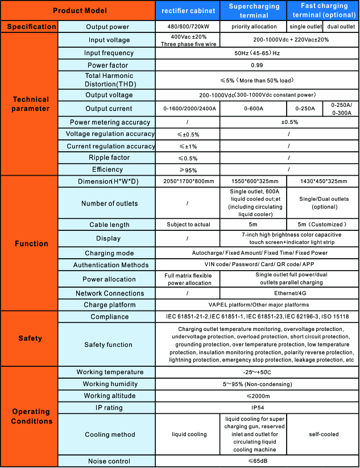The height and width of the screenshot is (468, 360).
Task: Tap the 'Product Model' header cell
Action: click(79, 11)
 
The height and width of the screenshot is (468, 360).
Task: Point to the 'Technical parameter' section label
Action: click(31, 104)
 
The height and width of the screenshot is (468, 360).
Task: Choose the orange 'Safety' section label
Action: click(30, 338)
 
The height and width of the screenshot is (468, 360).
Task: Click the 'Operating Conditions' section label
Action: click(31, 416)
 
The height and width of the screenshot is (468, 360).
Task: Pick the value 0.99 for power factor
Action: click(256, 65)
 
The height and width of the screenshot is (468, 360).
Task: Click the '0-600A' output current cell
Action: click(254, 109)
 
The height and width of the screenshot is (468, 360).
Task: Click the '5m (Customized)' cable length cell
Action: click(323, 225)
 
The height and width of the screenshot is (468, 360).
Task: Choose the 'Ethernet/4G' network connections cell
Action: click(288, 293)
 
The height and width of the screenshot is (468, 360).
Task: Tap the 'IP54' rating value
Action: click(256, 408)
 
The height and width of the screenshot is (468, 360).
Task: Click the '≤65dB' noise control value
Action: click(256, 461)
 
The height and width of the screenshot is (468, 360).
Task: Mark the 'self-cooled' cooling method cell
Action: click(323, 434)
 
